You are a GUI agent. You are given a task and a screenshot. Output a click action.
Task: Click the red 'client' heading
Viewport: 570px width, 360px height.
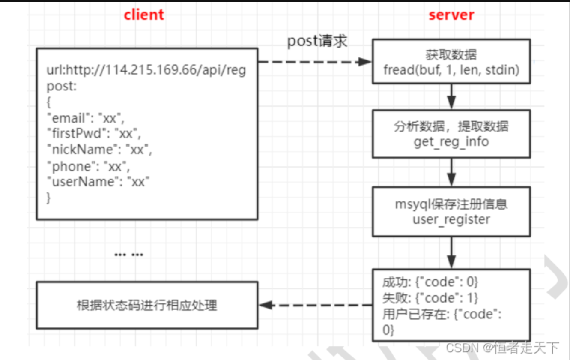[143, 15]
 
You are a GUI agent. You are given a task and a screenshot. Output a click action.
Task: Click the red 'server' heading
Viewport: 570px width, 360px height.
[451, 15]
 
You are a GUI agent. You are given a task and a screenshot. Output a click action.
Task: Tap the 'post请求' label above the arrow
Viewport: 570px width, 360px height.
[317, 42]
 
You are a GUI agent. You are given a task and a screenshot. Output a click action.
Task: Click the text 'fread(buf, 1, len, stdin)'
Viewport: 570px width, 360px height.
[451, 69]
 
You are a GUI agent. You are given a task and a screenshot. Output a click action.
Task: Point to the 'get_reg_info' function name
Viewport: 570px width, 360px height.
[451, 141]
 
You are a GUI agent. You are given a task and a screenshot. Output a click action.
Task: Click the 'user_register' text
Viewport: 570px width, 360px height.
[451, 219]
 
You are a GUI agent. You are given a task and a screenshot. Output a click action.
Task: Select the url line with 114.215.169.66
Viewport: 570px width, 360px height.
[146, 70]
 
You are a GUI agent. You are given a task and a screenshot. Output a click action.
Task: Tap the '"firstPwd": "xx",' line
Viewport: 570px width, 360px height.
[94, 134]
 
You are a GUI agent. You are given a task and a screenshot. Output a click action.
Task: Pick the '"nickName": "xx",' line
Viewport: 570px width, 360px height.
[99, 150]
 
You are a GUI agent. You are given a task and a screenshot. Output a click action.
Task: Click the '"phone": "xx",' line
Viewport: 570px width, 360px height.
[88, 166]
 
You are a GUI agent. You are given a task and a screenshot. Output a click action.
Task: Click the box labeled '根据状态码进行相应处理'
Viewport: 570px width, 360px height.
[146, 305]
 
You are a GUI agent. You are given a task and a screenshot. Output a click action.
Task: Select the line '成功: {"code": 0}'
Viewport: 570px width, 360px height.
[430, 282]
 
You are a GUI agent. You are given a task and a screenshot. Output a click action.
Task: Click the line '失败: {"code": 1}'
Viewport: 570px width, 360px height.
[430, 298]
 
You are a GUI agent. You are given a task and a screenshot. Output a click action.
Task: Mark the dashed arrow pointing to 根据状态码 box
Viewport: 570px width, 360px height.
[315, 305]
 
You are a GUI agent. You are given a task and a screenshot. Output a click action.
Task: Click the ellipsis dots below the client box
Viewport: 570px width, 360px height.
[129, 255]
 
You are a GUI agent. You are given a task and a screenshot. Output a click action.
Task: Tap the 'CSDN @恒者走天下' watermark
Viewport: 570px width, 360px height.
[503, 348]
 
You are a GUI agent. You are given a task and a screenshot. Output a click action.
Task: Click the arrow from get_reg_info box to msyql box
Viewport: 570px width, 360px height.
[451, 172]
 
